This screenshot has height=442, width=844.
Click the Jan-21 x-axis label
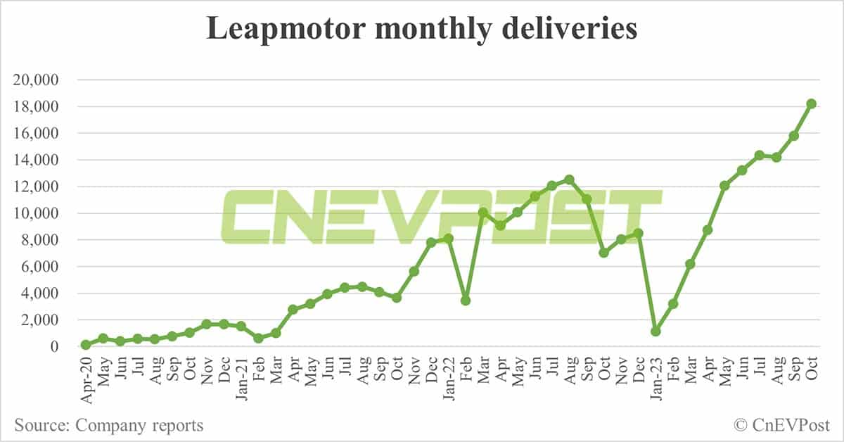coord(241,377)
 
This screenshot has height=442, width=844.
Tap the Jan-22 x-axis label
coord(449,377)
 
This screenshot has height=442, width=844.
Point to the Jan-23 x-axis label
coord(656,377)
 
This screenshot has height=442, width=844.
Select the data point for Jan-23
coord(656,331)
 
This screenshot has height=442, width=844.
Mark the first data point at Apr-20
coord(86,345)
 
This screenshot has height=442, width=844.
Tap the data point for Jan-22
coord(448,239)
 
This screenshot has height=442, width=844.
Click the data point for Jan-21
coord(241,326)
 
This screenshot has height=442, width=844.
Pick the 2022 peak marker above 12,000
coord(569,179)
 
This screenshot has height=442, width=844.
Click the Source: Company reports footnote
coord(108,425)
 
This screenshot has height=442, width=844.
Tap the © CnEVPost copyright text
coord(781,425)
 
